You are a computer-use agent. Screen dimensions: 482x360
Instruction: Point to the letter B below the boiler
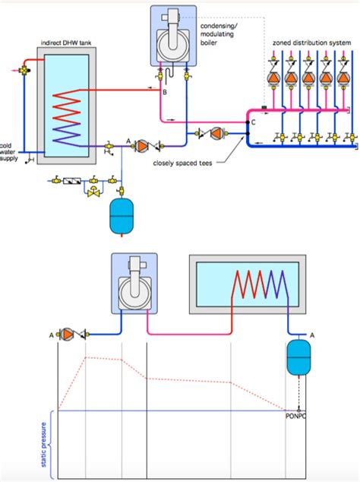[165, 91]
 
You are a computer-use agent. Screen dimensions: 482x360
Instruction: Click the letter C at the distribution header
[253, 122]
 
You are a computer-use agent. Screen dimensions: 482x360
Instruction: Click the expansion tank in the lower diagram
[298, 356]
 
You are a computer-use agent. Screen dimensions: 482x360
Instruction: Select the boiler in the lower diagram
[135, 284]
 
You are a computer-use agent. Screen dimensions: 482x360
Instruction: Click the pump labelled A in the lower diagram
[68, 334]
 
